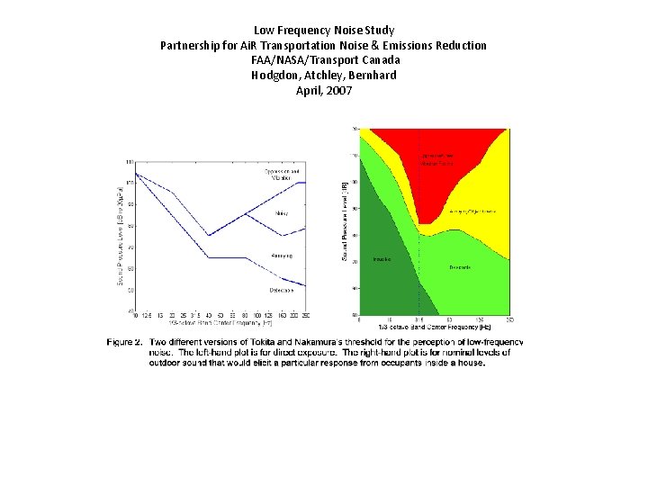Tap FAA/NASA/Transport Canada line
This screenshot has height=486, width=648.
pos(323,60)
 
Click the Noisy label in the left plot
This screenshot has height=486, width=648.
pos(282,213)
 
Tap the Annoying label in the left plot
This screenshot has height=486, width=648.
pos(282,256)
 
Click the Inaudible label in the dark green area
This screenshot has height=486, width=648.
pos(382,259)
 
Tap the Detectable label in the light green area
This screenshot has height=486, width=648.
pos(459,267)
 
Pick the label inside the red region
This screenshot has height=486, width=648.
pos(437,159)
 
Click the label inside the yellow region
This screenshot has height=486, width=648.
pos(473,211)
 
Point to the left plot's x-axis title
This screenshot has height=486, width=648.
pos(220,321)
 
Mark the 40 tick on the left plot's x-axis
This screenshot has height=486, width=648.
pos(209,315)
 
